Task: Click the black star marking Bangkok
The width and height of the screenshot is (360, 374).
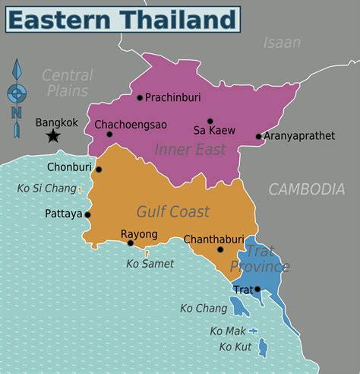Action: [53, 136]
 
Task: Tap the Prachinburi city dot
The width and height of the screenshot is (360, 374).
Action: [140, 97]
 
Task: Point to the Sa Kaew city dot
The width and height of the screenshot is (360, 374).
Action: [210, 121]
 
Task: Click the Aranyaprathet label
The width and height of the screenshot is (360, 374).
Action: [299, 137]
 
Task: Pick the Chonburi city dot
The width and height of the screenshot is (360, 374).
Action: [98, 170]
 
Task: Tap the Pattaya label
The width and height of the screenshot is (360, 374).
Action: [63, 214]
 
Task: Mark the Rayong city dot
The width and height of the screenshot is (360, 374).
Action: [131, 243]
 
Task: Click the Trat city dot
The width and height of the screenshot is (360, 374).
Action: [258, 289]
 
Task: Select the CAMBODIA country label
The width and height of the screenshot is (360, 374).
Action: [307, 189]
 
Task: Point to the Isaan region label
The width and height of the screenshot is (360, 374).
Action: [282, 43]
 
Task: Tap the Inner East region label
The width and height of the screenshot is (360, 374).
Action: [191, 150]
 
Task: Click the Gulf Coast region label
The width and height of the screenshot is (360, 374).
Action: [173, 211]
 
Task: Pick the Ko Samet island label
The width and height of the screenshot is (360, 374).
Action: [150, 264]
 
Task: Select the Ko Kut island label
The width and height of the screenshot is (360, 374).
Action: [235, 347]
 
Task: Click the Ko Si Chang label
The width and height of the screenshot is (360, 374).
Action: [46, 189]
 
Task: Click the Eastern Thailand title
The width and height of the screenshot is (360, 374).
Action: [122, 19]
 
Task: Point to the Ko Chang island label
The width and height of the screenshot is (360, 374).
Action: [204, 308]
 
